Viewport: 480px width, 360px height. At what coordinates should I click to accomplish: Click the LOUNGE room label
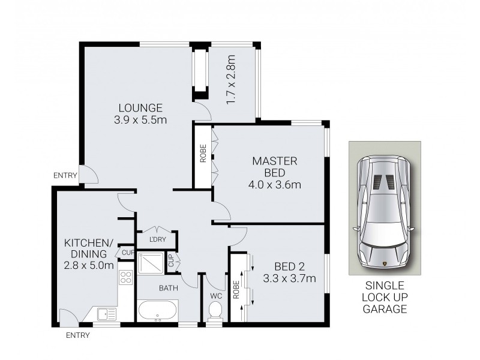tap(140, 108)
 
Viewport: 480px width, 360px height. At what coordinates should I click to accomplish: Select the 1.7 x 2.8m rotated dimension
tap(230, 79)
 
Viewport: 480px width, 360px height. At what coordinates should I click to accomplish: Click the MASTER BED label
tap(275, 167)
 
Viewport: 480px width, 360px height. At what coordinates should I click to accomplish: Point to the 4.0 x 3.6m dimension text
tap(275, 184)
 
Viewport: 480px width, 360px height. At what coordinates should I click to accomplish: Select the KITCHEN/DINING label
tap(89, 248)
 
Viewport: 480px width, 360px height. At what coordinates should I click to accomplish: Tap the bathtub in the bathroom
tap(157, 311)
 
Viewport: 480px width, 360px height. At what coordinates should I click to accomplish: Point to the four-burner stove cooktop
tap(126, 277)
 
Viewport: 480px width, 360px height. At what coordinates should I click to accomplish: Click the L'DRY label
tap(156, 241)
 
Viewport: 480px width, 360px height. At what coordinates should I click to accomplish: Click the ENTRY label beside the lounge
tap(65, 176)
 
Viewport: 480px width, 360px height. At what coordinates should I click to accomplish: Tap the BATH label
tap(168, 289)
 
